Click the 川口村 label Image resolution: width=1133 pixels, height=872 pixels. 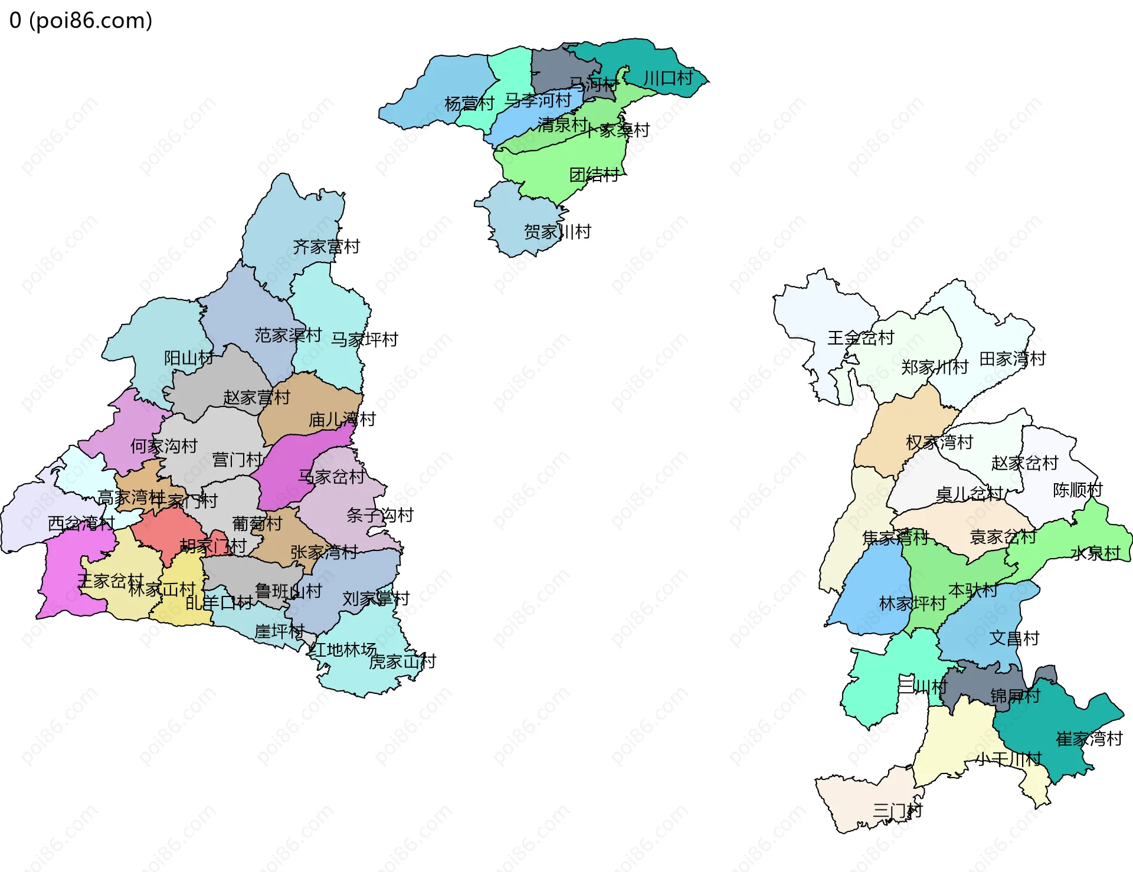click(667, 78)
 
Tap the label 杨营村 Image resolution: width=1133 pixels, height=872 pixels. click(469, 104)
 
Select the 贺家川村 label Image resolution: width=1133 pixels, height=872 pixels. click(557, 232)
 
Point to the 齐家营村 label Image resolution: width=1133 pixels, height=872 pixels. click(326, 247)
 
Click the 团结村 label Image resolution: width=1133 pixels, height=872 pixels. click(594, 175)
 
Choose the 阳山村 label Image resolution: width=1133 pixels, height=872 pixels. click(188, 358)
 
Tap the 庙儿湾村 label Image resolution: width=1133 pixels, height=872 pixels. click(342, 419)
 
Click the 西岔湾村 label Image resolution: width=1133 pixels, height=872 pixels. click(81, 523)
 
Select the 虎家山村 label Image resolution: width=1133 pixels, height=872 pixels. click(402, 661)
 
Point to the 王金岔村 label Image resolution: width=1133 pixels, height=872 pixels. click(860, 338)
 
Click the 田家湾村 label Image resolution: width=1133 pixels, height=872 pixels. click(1013, 359)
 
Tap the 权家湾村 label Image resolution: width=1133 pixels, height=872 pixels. click(939, 442)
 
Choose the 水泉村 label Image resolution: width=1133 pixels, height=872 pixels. click(1095, 553)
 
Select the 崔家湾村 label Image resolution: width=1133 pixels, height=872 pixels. click(1089, 739)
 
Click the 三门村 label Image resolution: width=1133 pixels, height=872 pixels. click(897, 811)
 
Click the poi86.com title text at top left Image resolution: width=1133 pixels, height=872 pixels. click(81, 21)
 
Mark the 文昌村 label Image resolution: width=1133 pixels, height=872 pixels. click(1014, 638)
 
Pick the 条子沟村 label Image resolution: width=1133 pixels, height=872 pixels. click(379, 515)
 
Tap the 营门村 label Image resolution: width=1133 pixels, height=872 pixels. click(237, 460)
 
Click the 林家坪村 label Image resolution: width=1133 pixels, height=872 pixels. click(912, 604)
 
